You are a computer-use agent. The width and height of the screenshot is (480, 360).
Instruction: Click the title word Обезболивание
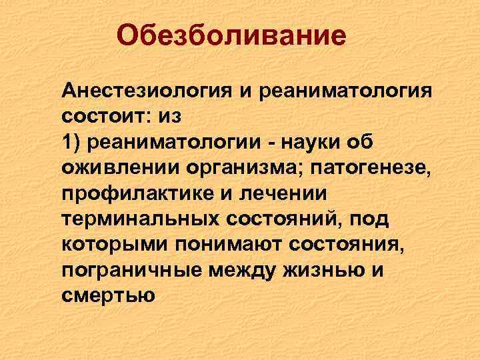231,36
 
